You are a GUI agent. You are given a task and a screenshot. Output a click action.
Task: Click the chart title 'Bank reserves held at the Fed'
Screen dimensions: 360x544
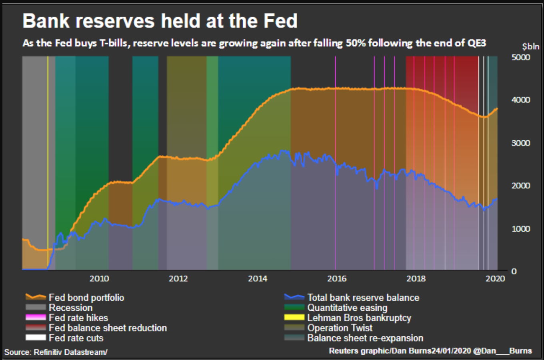160,21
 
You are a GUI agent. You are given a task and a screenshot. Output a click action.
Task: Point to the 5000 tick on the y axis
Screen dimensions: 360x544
520,57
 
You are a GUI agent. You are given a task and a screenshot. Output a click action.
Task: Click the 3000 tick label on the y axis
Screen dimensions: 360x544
520,143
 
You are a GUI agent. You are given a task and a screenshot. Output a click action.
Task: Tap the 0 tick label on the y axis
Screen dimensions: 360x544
514,271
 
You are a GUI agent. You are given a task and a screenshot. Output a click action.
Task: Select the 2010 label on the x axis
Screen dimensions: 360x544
99,278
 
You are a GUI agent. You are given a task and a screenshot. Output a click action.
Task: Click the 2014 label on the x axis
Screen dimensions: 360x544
257,278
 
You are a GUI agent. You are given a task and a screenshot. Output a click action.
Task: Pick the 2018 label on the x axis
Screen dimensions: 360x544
416,278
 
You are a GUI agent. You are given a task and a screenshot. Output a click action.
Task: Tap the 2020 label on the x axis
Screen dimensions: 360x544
495,278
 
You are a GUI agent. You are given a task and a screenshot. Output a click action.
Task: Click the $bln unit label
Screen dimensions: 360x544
530,46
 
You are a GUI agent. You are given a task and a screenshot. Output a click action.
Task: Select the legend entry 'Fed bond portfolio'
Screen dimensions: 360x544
86,298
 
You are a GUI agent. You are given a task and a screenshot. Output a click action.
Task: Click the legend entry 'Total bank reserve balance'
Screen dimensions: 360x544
363,298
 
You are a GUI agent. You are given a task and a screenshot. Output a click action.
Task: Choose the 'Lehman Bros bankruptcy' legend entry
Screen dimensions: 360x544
359,318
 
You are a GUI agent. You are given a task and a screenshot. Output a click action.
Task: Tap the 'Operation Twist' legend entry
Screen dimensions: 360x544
340,328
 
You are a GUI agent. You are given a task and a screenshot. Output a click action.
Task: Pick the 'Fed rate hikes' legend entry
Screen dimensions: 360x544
78,318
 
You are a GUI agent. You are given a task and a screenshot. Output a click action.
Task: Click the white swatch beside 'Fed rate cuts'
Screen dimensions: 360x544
36,338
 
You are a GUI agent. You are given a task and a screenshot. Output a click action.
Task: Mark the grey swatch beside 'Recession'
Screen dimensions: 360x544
36,308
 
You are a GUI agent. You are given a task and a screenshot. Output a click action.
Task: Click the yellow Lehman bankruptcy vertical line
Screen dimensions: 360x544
48,160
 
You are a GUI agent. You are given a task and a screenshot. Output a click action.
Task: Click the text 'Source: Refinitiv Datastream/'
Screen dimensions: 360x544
56,352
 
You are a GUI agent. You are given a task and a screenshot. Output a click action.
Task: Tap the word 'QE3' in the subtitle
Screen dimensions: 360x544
476,43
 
